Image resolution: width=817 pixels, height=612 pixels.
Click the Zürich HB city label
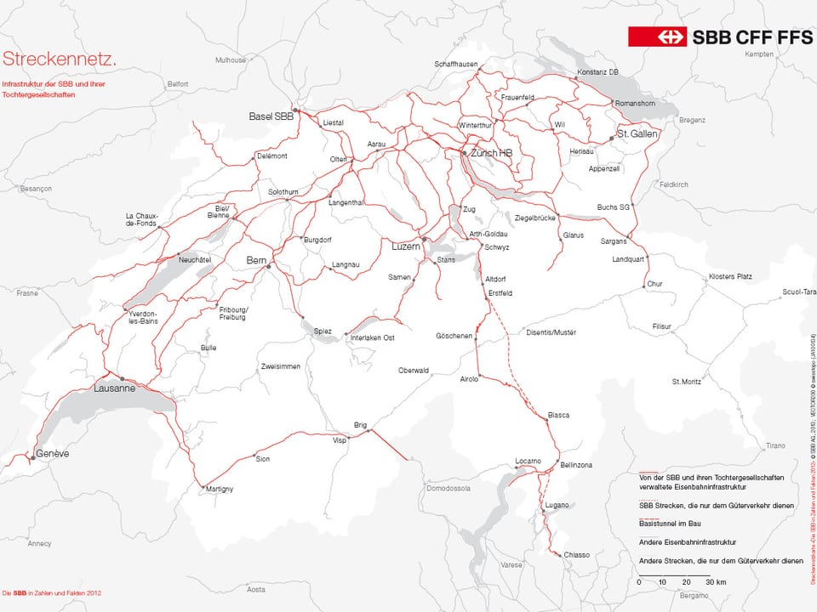click(492, 153)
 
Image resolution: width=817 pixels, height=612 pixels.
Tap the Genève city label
click(52, 454)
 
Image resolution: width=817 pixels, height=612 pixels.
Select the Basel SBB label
click(270, 116)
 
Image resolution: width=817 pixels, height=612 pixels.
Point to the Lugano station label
click(557, 505)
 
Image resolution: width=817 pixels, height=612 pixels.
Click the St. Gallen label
click(640, 134)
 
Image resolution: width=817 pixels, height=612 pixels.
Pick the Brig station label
click(360, 424)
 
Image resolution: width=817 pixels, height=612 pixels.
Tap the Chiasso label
click(576, 555)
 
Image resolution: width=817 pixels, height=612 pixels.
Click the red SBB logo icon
click(657, 37)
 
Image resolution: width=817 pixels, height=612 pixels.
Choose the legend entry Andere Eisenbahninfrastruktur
click(688, 541)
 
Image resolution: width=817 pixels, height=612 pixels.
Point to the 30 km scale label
click(715, 582)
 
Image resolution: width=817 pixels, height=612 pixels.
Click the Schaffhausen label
click(456, 64)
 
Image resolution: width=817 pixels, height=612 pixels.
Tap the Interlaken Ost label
click(373, 338)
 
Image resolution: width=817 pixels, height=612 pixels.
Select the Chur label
click(654, 283)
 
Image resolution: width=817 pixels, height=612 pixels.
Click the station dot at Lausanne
click(122, 379)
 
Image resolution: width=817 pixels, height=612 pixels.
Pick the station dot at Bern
click(268, 267)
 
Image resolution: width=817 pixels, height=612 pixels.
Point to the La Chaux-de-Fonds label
click(142, 219)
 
